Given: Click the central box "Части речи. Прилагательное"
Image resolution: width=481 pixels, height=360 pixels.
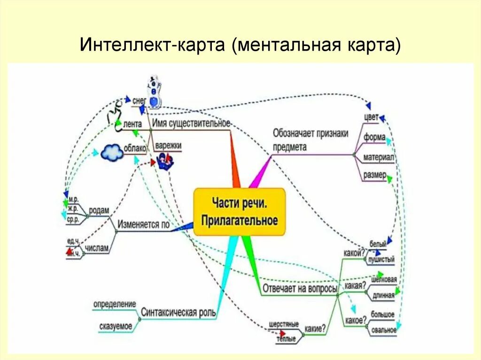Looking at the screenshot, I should (240, 213).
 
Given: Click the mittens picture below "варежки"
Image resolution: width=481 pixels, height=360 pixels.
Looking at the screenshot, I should (165, 161).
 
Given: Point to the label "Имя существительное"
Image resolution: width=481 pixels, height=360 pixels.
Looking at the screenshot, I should (191, 123).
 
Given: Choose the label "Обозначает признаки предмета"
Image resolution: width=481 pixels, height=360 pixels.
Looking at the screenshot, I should (310, 140).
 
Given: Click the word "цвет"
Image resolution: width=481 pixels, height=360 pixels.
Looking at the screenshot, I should (371, 117).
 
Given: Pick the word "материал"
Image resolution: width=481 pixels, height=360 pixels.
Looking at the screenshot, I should (378, 157).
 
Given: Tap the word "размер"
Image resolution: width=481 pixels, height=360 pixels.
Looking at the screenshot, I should (374, 176).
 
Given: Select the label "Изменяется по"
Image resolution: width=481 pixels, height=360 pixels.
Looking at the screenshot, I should (143, 224).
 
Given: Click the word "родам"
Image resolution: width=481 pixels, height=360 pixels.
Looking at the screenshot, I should (99, 211).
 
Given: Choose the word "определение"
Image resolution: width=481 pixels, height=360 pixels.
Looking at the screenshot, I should (115, 304).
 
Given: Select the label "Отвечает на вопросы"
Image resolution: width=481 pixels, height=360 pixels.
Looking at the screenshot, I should (300, 288).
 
